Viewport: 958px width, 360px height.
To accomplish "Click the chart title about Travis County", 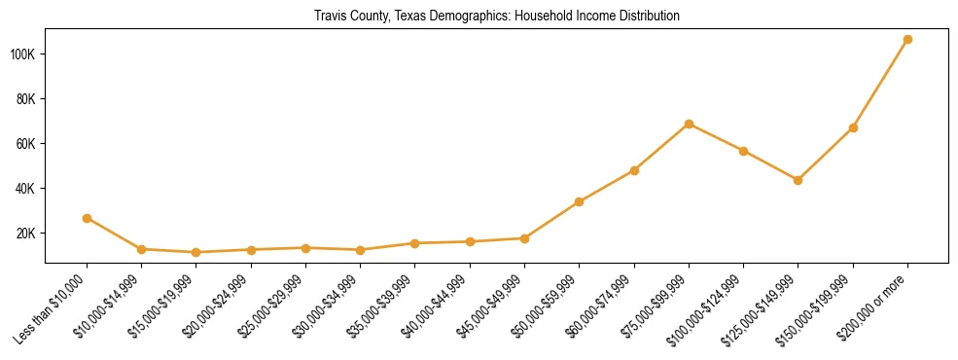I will [496, 17].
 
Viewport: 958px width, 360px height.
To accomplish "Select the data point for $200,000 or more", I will [907, 40].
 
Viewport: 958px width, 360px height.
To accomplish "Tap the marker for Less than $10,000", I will [88, 218].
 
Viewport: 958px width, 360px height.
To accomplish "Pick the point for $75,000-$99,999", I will [689, 124].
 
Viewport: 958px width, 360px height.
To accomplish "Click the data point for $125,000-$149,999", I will [798, 180].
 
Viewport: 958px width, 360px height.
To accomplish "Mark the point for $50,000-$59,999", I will [580, 201].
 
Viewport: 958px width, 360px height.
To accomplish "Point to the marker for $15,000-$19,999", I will [196, 252].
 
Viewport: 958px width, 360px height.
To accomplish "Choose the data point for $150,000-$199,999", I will [853, 127].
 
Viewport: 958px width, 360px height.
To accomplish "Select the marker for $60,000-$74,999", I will [634, 170].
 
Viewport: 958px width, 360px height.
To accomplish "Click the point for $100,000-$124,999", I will [744, 151].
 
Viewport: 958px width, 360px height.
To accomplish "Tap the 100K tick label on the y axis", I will [22, 54].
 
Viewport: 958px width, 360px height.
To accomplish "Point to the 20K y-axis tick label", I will [25, 234].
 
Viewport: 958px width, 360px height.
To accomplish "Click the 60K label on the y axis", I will [25, 144].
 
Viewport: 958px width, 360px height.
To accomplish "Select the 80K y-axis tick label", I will [25, 98].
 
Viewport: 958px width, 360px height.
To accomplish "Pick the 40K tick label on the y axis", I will [25, 189].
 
